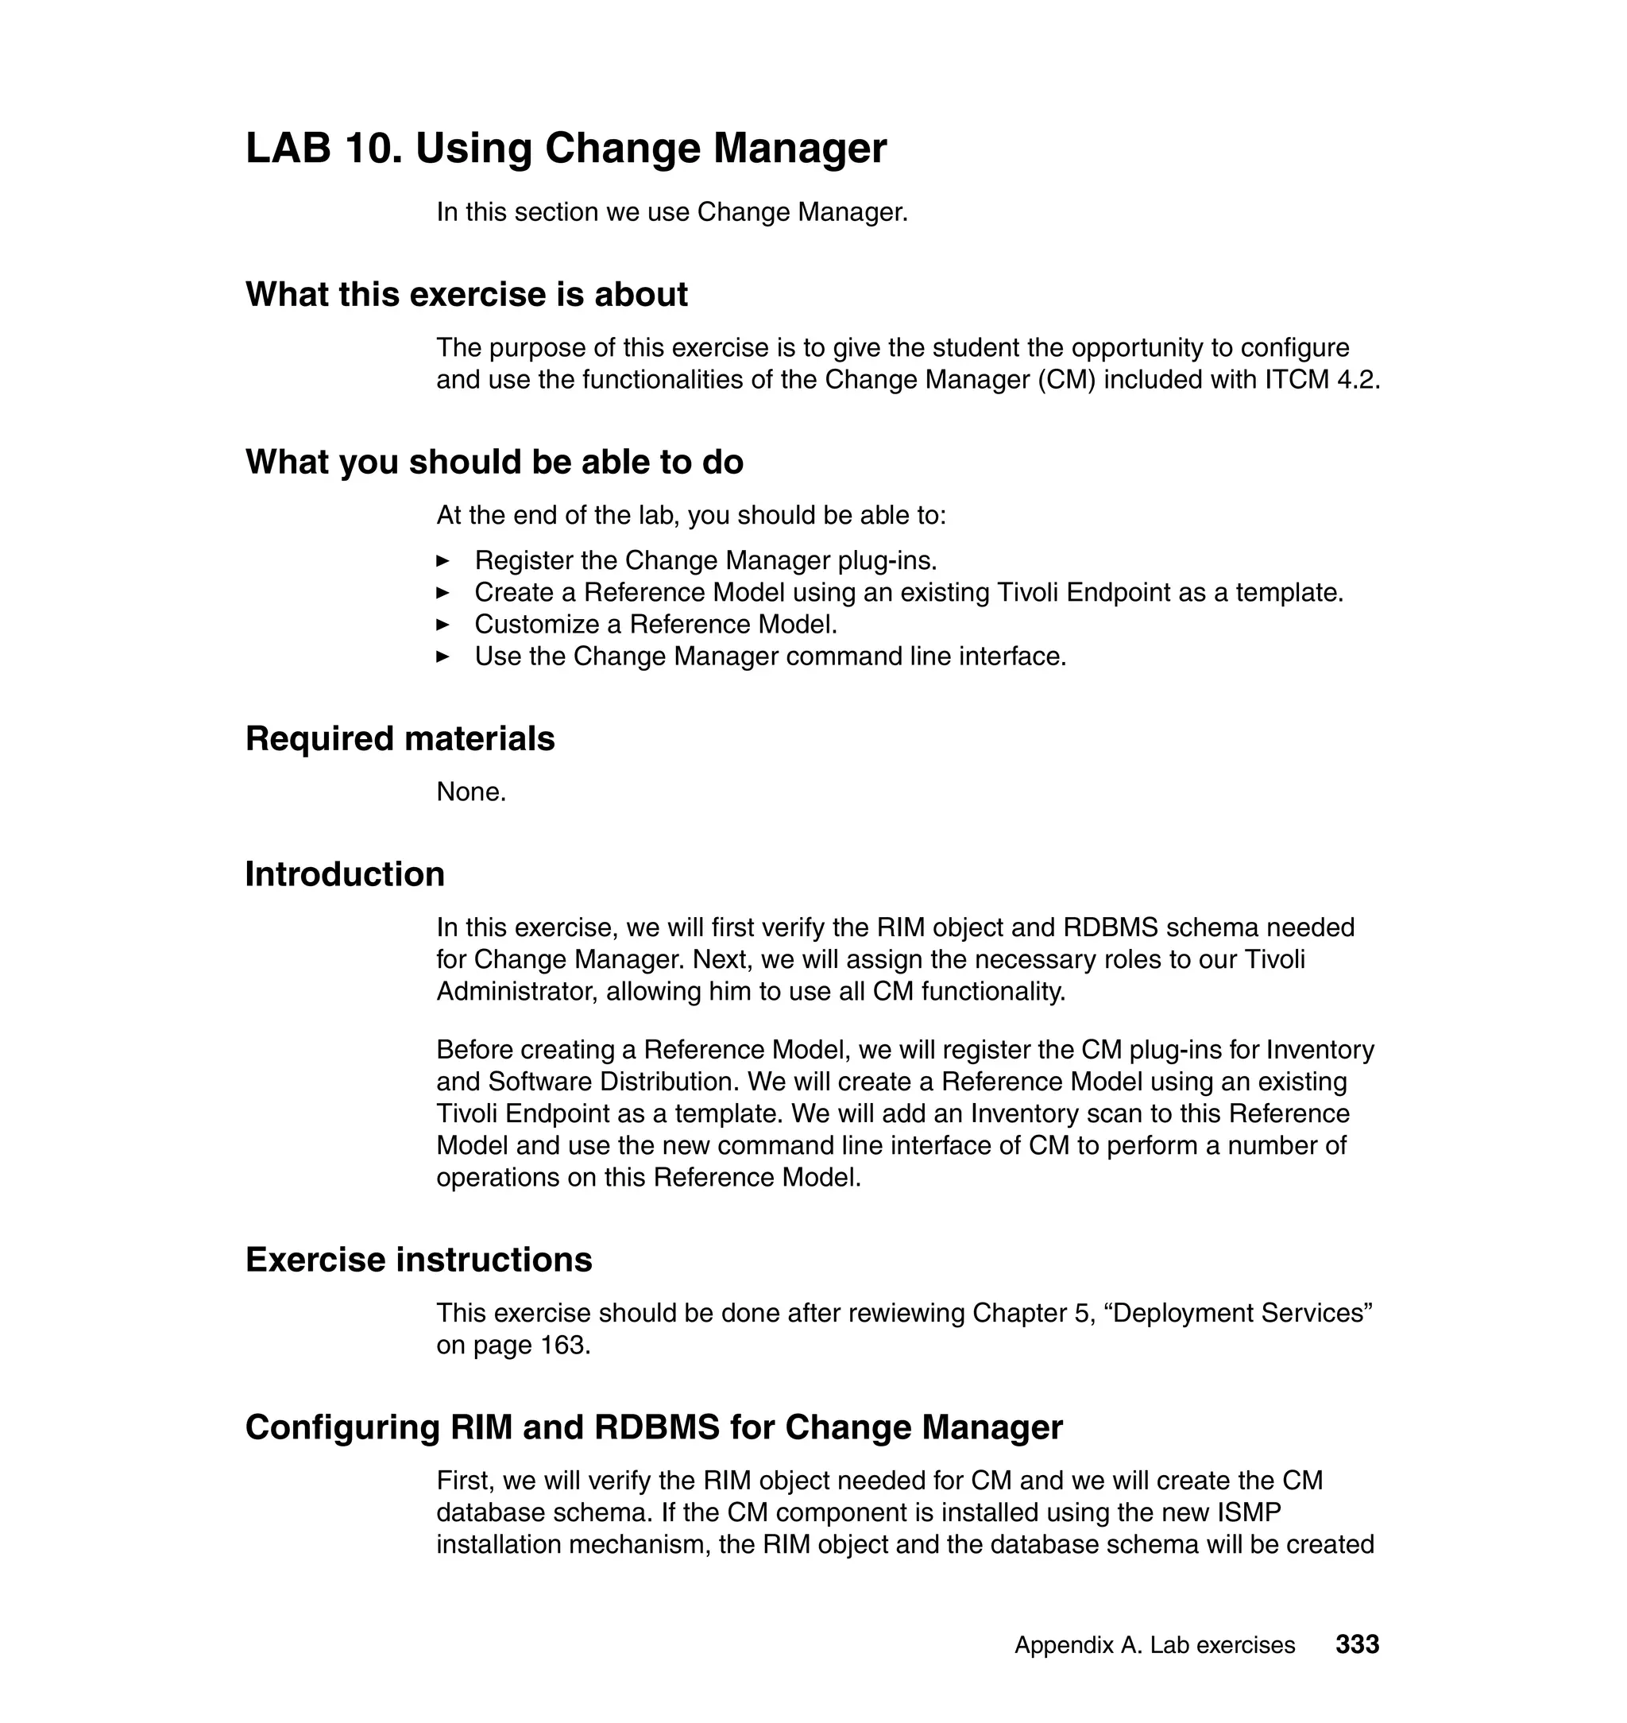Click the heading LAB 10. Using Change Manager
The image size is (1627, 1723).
click(x=566, y=148)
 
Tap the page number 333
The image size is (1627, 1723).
click(x=1356, y=1644)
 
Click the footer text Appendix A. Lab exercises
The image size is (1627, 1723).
click(x=1154, y=1645)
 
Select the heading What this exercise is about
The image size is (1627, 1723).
click(x=466, y=295)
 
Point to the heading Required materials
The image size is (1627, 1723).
click(x=400, y=738)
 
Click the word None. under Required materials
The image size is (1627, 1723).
click(x=471, y=792)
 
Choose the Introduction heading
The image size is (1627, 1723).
click(x=344, y=873)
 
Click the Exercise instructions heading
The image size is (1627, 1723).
click(x=418, y=1259)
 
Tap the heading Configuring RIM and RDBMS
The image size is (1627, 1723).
click(x=653, y=1427)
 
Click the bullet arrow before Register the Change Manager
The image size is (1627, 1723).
click(x=442, y=560)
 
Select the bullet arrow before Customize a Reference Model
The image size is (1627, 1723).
click(x=442, y=625)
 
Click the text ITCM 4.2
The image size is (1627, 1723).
click(x=1322, y=380)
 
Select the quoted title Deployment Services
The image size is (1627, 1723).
click(x=1242, y=1313)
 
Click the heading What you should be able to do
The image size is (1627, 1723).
click(x=493, y=462)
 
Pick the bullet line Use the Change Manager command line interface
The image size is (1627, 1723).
click(x=769, y=656)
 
